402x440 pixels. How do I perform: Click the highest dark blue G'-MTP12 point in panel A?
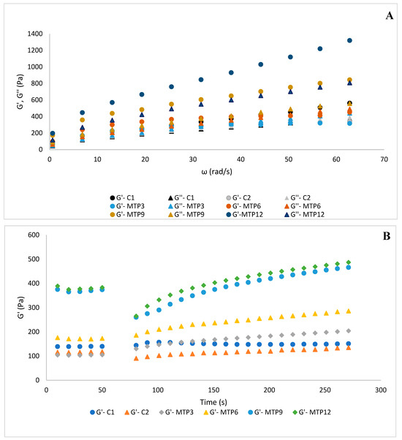coord(349,40)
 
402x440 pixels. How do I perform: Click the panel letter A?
coord(389,16)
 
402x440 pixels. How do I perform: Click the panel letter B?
coord(387,236)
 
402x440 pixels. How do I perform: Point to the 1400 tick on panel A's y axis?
coord(35,34)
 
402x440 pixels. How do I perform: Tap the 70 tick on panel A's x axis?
coord(384,159)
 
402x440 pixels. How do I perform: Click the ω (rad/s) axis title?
coord(216,172)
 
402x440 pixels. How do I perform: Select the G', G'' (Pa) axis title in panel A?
coord(20,91)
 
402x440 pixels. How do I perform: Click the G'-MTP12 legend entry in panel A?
coord(244,215)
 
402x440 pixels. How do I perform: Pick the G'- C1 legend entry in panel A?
coord(122,198)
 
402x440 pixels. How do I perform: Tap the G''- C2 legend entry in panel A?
coord(297,198)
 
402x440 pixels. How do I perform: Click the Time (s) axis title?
coord(213,402)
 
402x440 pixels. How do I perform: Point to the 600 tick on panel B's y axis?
coord(34,235)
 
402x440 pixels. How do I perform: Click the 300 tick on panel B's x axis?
coord(381,390)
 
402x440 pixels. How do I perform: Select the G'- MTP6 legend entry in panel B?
coord(221,412)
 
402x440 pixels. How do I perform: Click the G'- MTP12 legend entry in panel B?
coord(311,412)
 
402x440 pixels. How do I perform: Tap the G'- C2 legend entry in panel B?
coord(137,412)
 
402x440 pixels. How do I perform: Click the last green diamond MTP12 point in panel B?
coord(349,262)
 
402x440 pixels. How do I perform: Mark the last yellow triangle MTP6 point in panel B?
coord(349,311)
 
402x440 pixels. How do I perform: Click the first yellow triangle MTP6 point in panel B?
coord(58,338)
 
